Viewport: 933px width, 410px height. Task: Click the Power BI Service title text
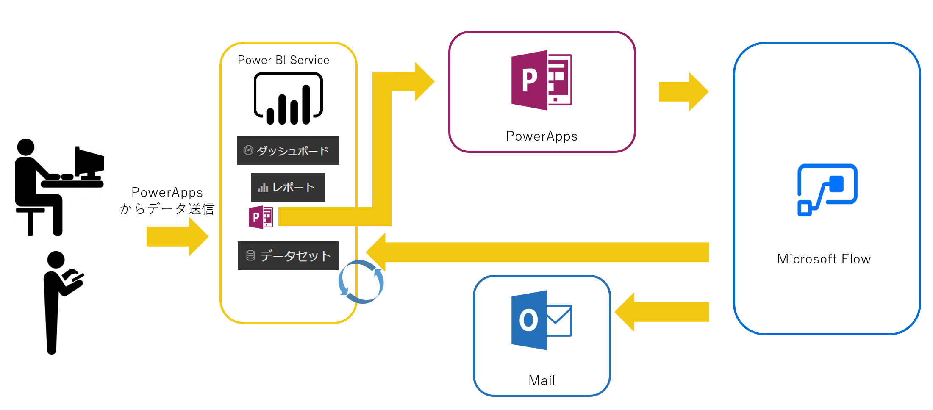point(283,60)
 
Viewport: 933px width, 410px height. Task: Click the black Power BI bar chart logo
point(288,99)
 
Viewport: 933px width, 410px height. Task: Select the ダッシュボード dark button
point(288,151)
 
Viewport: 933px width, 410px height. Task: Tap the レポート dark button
point(288,188)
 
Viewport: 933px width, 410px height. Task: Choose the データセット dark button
point(288,256)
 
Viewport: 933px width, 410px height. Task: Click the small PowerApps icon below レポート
point(261,217)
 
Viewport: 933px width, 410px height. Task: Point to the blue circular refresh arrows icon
point(361,282)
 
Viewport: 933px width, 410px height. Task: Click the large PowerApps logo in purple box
point(541,80)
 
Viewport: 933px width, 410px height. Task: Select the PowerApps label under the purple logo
point(541,136)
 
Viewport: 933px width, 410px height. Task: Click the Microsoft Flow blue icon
point(827,189)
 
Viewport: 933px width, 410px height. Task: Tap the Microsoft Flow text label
point(824,259)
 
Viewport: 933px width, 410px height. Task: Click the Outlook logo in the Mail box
point(541,320)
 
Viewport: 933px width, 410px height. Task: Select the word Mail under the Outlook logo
point(541,380)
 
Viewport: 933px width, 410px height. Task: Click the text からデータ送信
point(167,209)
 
